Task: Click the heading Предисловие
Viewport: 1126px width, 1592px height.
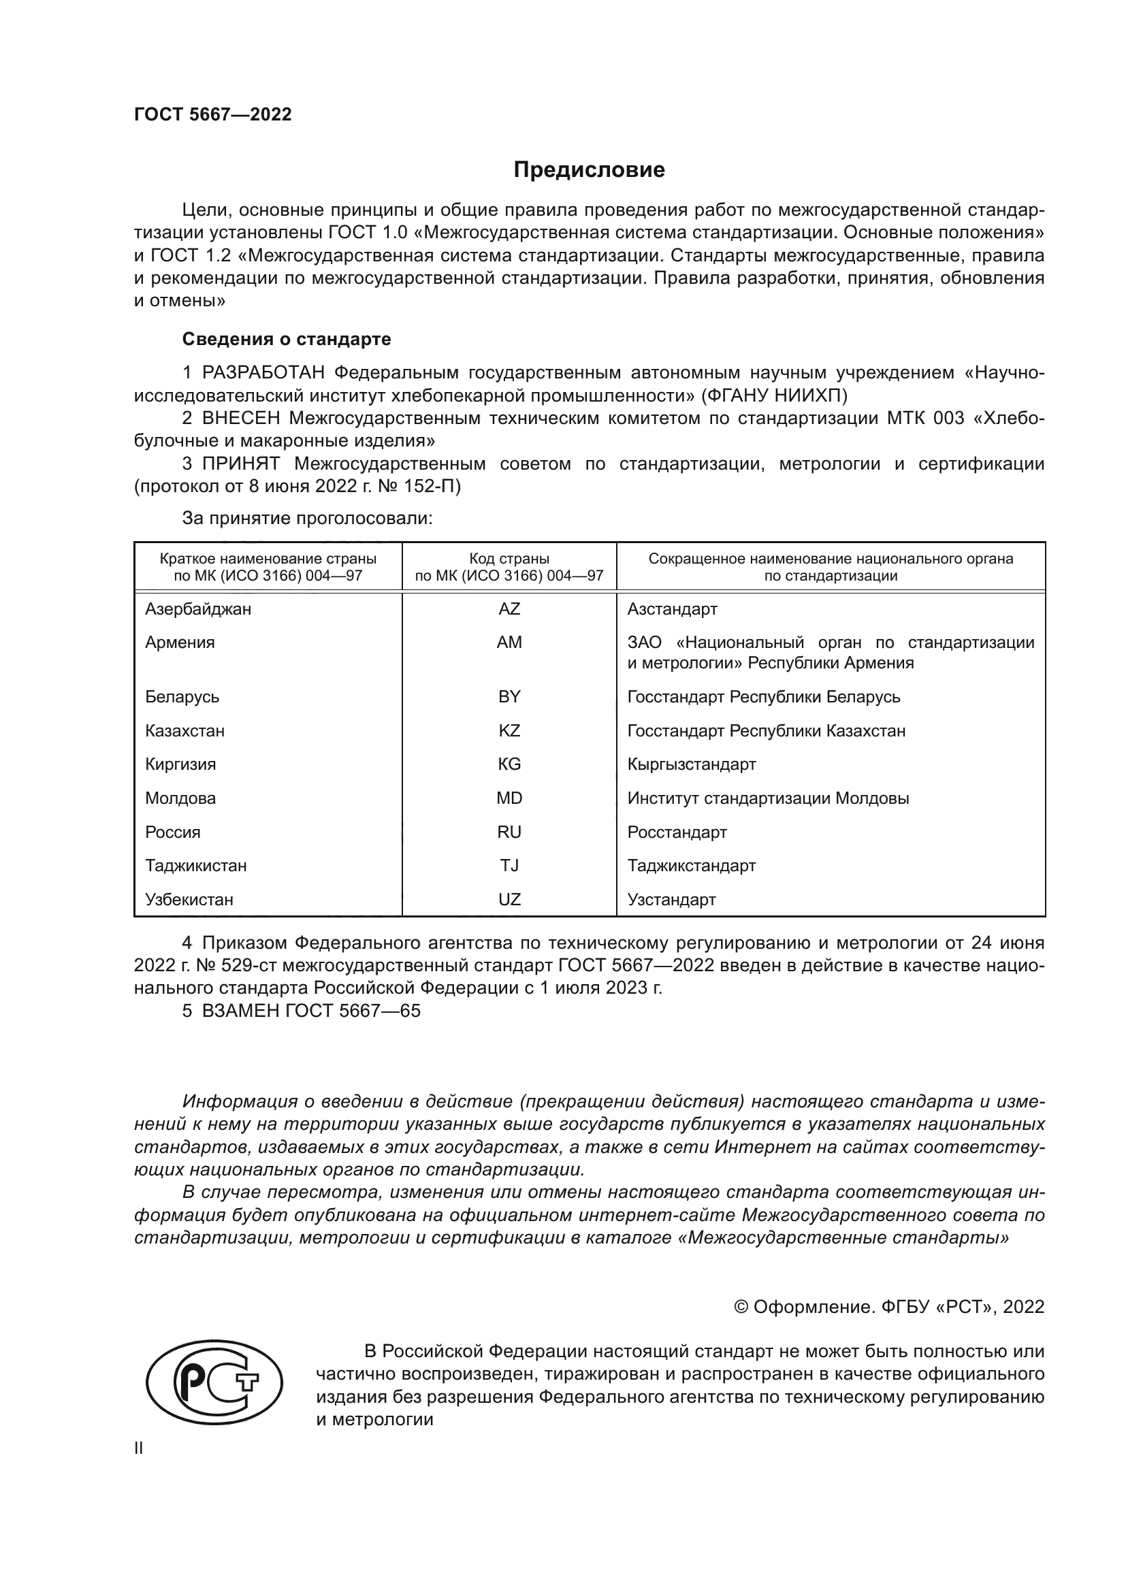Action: click(x=589, y=170)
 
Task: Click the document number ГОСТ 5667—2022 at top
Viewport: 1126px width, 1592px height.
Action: click(x=213, y=115)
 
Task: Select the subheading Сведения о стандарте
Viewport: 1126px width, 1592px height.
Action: click(x=287, y=339)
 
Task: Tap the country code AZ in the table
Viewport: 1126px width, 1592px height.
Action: click(x=509, y=608)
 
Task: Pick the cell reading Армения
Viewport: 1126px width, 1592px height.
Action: click(x=180, y=642)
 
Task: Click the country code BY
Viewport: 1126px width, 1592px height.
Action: click(x=509, y=697)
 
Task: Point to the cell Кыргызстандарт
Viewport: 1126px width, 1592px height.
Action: click(x=691, y=764)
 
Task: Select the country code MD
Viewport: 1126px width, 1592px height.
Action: click(x=509, y=798)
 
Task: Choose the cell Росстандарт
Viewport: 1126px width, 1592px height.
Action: click(x=677, y=832)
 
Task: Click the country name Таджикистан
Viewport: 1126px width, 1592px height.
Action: click(x=195, y=865)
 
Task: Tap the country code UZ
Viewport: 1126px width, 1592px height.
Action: click(x=509, y=899)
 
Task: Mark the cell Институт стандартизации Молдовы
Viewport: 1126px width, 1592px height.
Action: click(x=767, y=798)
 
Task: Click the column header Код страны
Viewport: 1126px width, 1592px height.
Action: click(x=509, y=559)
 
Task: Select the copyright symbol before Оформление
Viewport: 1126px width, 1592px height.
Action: click(x=741, y=1307)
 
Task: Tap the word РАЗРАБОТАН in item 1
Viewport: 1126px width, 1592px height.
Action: click(x=263, y=373)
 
